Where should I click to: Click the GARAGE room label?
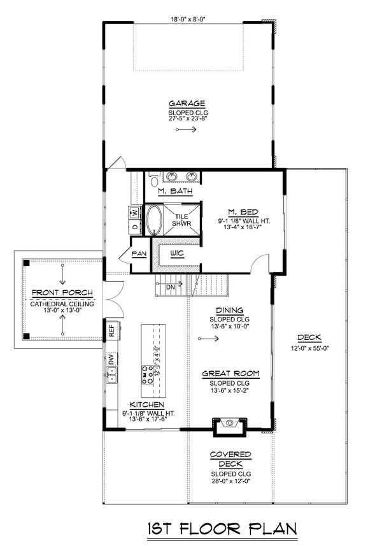click(x=187, y=103)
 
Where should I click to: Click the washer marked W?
click(x=134, y=212)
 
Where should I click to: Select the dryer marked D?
click(x=134, y=226)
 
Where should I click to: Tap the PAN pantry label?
click(x=139, y=253)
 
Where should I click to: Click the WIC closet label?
click(x=177, y=253)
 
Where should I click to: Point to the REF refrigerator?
click(x=110, y=330)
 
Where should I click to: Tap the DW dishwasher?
click(x=111, y=360)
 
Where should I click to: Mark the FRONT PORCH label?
click(x=62, y=293)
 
